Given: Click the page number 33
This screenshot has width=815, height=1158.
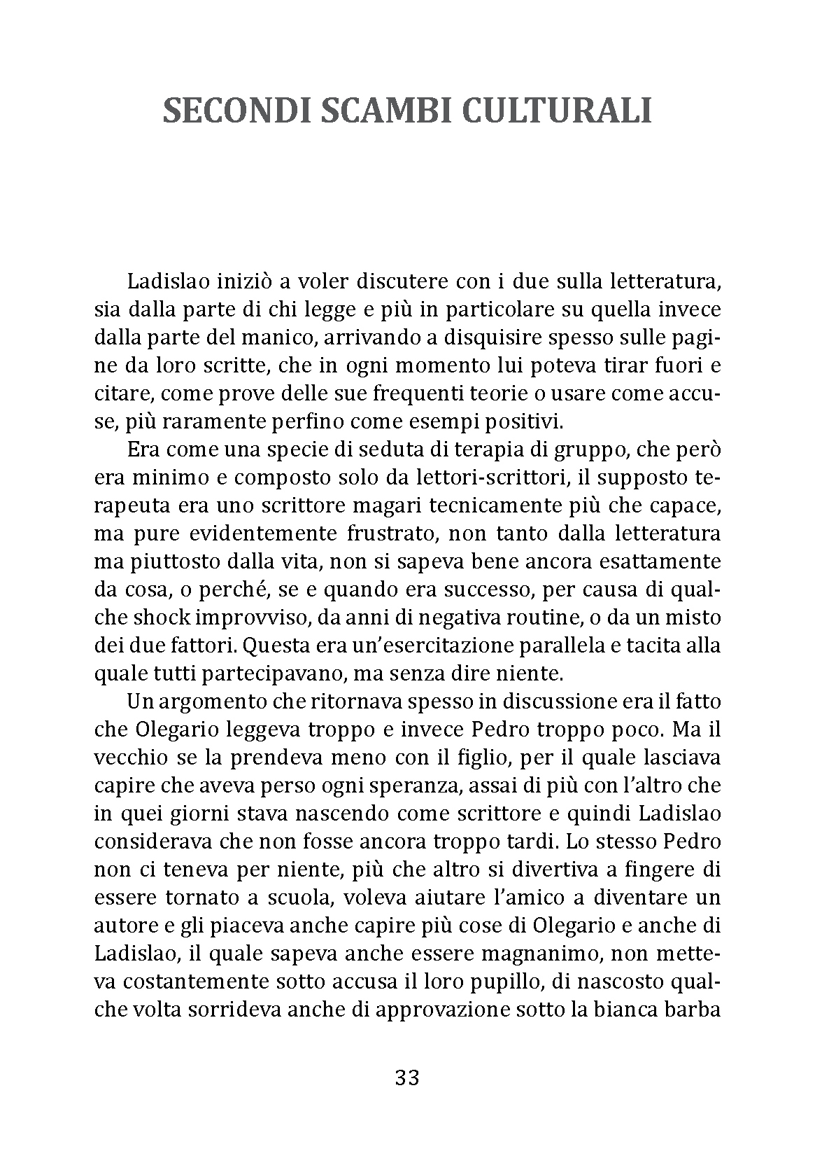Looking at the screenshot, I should [x=407, y=1078].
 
